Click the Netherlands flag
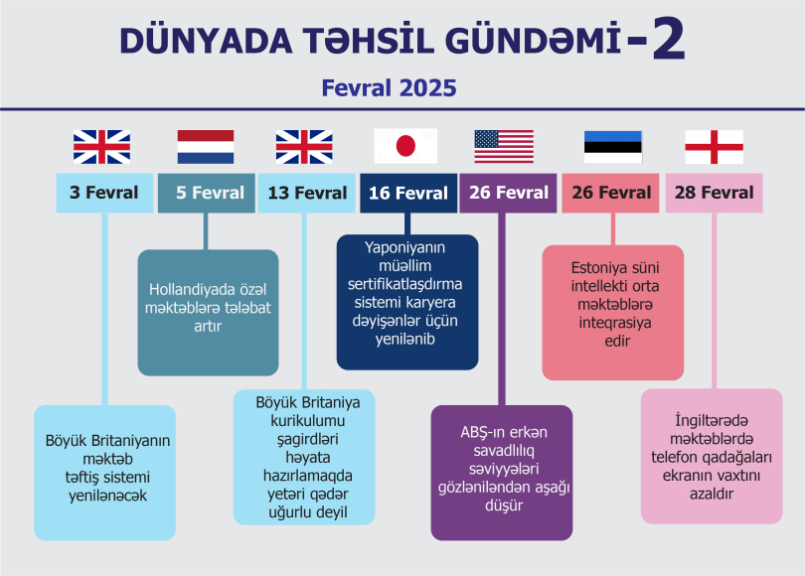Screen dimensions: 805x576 206,147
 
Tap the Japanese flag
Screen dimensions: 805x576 405,146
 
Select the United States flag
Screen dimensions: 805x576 504,147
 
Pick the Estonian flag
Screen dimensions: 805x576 613,147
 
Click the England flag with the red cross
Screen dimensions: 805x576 715,147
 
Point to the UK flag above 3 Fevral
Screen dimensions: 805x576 101,147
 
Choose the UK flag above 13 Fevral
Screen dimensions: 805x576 304,147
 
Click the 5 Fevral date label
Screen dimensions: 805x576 207,193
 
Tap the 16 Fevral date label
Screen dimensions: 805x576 408,193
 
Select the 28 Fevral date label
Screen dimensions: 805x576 715,193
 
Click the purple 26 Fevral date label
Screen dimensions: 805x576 508,193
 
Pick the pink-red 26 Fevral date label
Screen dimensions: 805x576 611,193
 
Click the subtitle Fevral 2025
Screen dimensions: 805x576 390,87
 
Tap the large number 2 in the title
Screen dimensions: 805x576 669,39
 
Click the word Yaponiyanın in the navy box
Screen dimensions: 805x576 405,247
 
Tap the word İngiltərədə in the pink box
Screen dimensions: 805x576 712,421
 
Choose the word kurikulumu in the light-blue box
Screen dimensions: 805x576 308,421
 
